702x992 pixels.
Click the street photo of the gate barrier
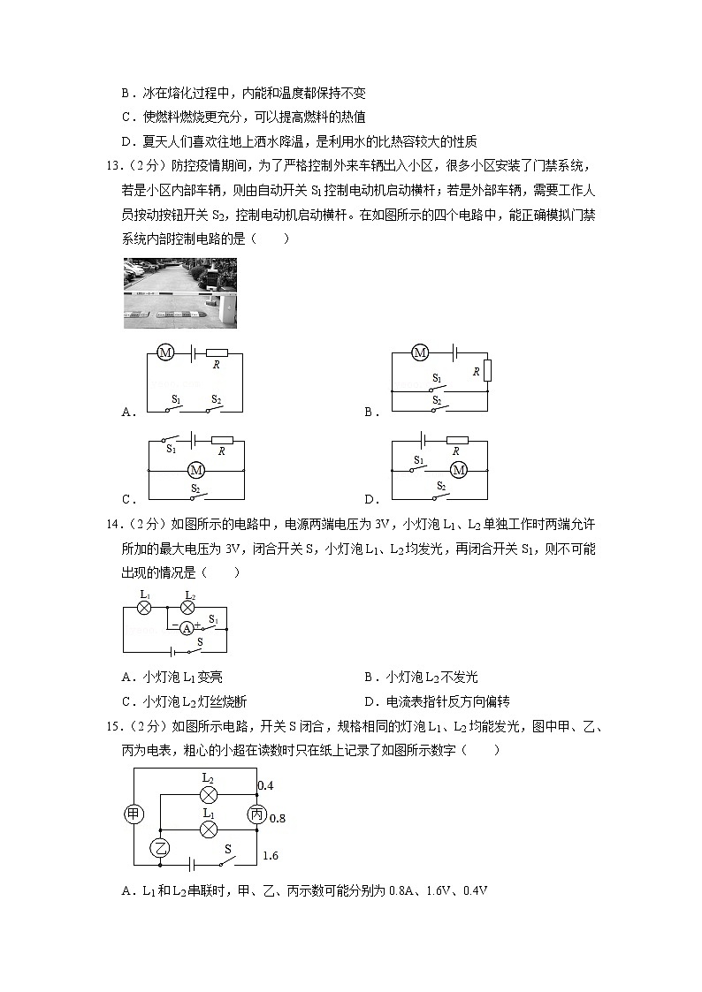tap(180, 292)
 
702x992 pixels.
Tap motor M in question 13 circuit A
tap(164, 353)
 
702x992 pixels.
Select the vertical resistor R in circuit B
tap(487, 370)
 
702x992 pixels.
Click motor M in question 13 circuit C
tap(195, 470)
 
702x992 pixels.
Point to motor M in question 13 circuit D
tap(458, 470)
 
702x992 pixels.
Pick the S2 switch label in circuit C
tap(196, 488)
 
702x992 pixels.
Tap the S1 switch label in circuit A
tap(177, 399)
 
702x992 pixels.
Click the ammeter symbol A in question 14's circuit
tap(186, 628)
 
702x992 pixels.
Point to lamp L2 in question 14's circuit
tap(187, 608)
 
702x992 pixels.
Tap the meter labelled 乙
tap(160, 848)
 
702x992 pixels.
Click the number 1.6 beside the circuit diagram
tap(271, 856)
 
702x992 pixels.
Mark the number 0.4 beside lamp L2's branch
tap(265, 785)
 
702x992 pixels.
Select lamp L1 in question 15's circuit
tap(209, 829)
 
